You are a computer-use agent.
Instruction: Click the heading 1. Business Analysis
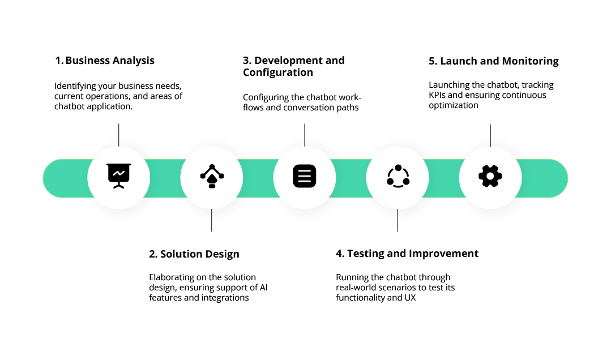[x=104, y=61]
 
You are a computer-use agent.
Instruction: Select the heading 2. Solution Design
[x=194, y=254]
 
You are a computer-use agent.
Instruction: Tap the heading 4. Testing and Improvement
[x=407, y=254]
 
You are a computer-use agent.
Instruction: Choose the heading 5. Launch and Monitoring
[x=494, y=61]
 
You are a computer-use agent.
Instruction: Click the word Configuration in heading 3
[x=278, y=72]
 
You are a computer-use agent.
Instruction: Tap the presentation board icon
[x=119, y=176]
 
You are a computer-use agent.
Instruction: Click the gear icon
[x=490, y=176]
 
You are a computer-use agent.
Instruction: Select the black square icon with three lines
[x=305, y=176]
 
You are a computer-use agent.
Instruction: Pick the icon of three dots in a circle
[x=398, y=176]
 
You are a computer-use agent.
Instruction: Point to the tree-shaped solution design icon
[x=212, y=176]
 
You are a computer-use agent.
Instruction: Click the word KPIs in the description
[x=438, y=95]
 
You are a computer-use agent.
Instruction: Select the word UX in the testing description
[x=410, y=298]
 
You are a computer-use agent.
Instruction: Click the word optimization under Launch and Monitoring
[x=453, y=105]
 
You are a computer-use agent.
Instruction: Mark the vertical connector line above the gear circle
[x=490, y=135]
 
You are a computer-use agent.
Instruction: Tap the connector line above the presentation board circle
[x=119, y=135]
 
